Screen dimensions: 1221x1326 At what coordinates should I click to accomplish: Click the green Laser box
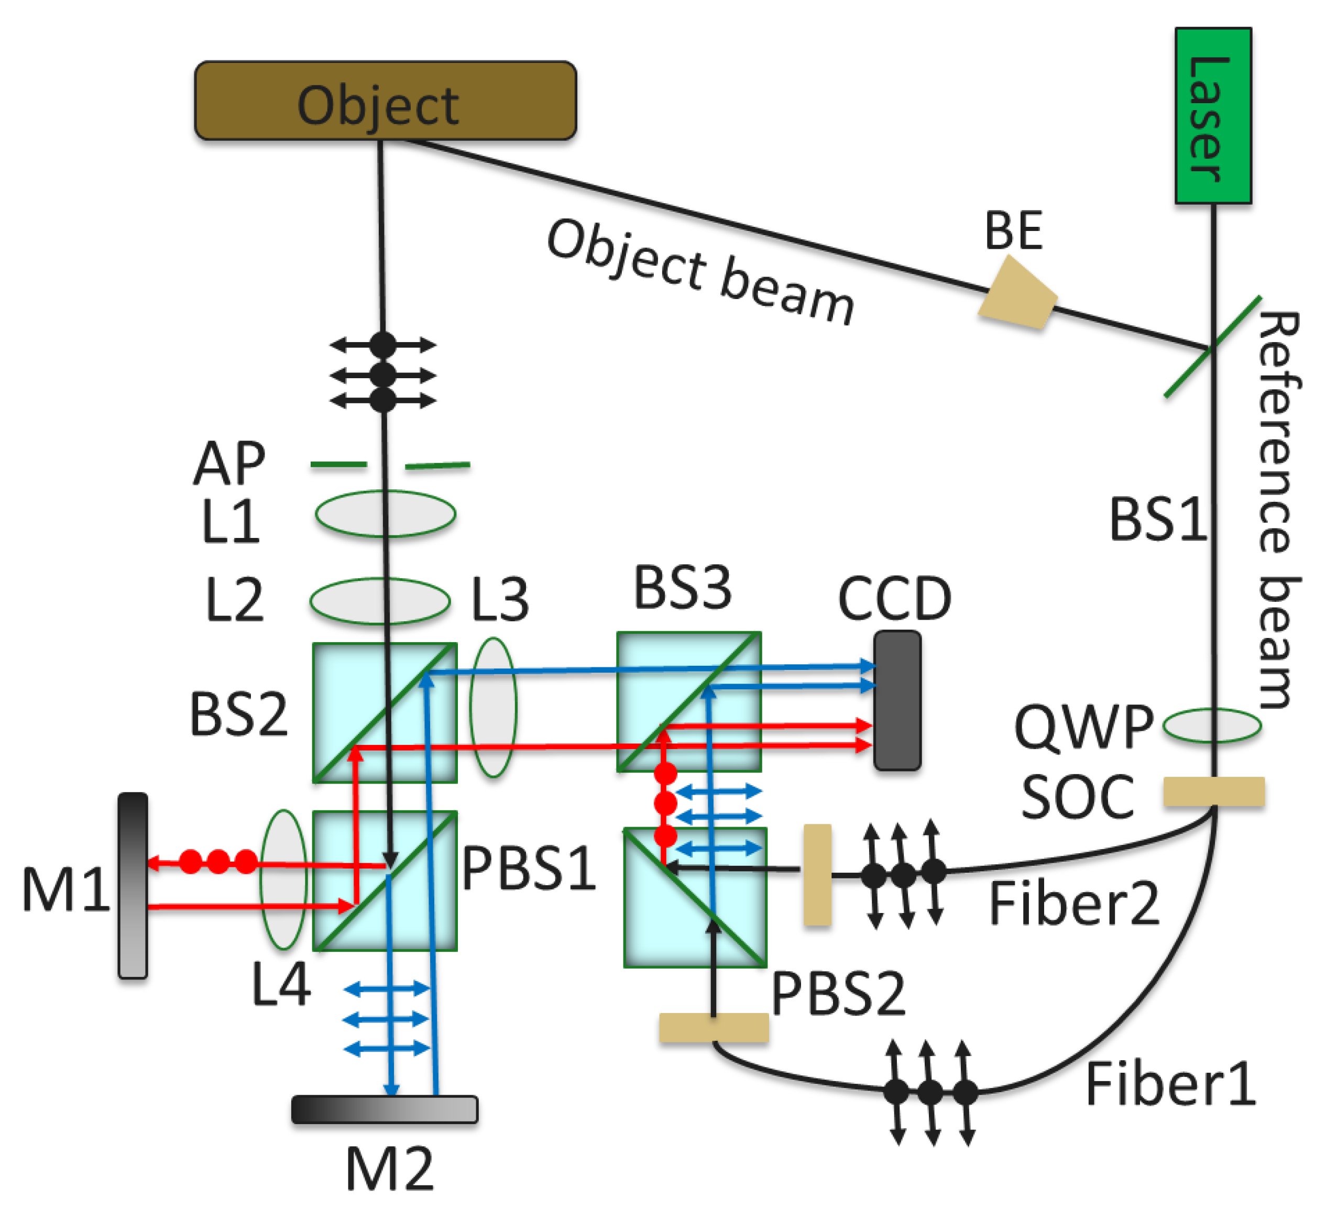point(1213,116)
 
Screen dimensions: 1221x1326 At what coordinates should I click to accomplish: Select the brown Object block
point(385,101)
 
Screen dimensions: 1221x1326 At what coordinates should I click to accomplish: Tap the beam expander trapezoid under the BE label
point(1018,294)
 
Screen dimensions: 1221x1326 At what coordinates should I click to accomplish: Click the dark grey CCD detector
point(897,700)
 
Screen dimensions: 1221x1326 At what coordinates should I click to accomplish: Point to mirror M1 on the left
point(133,885)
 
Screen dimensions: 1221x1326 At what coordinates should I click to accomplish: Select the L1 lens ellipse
point(385,513)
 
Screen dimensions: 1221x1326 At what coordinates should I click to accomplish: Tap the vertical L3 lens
point(493,707)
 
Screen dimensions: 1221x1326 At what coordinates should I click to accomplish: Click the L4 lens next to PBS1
point(283,879)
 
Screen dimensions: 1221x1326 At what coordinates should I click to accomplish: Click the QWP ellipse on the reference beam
point(1212,725)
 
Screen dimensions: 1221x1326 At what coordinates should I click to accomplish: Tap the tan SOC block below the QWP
point(1214,791)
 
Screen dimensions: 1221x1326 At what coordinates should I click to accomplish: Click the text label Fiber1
point(1171,1084)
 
